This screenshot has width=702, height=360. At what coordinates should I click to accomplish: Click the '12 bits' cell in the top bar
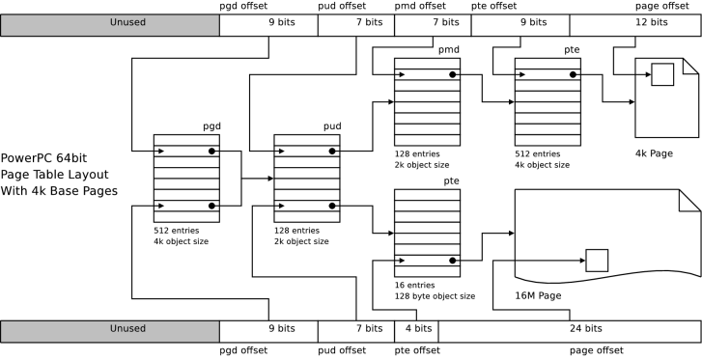635,25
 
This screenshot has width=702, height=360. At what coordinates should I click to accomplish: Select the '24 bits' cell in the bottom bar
570,332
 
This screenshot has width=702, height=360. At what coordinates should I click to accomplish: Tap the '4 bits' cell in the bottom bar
416,332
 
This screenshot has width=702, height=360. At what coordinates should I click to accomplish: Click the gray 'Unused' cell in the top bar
110,25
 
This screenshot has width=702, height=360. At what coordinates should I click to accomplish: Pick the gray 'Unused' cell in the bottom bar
110,332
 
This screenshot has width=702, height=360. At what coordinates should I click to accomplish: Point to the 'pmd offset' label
420,6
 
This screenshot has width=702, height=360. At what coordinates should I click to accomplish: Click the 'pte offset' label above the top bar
493,6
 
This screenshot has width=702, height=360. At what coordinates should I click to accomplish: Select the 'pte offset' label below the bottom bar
417,350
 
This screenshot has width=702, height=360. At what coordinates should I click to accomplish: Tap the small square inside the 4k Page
662,74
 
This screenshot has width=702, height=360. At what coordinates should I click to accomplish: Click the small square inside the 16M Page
597,261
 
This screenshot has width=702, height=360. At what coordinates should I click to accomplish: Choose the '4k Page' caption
654,153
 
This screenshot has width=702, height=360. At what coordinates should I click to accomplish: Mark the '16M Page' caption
538,295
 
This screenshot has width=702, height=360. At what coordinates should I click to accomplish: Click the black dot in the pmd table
453,74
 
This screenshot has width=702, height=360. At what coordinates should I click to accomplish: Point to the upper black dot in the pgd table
211,152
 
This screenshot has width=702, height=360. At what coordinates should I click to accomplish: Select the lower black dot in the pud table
332,206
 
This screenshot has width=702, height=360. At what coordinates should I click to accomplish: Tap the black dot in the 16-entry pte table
453,261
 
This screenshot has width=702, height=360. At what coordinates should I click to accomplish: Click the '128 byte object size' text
435,296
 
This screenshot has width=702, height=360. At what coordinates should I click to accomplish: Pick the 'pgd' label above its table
211,126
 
